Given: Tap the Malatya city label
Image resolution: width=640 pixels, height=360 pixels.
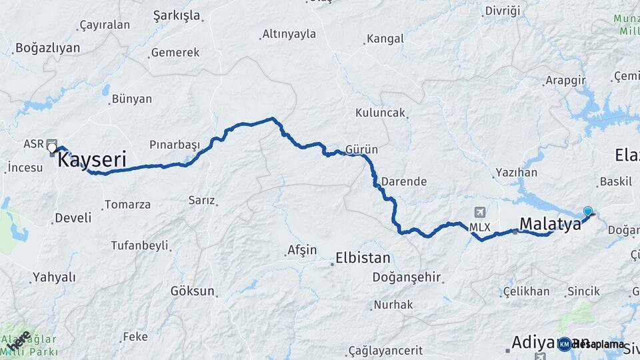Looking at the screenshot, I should pos(550,224).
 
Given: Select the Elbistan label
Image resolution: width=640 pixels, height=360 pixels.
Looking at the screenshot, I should pos(363,257).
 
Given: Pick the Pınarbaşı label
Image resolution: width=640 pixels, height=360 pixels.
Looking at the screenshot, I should pos(175,145).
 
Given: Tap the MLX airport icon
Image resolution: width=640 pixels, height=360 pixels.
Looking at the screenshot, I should pos(479,213).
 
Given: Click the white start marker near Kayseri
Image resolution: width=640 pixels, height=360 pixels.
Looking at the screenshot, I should pos(51,147).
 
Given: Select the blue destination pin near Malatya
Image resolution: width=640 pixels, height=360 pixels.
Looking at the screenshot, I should pos(587,212).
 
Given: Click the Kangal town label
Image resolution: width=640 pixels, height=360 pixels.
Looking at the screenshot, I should pos(386,39).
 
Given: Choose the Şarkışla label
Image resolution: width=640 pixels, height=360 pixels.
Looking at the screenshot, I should pos(176,15).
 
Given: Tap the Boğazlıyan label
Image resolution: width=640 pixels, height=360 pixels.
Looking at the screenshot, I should pos(47,48).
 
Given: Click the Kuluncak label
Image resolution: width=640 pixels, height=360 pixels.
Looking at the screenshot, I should pos(381,113).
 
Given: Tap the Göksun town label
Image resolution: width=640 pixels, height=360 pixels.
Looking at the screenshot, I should pos(193,291).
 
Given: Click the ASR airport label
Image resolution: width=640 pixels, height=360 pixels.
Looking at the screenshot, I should pos(33,144).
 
